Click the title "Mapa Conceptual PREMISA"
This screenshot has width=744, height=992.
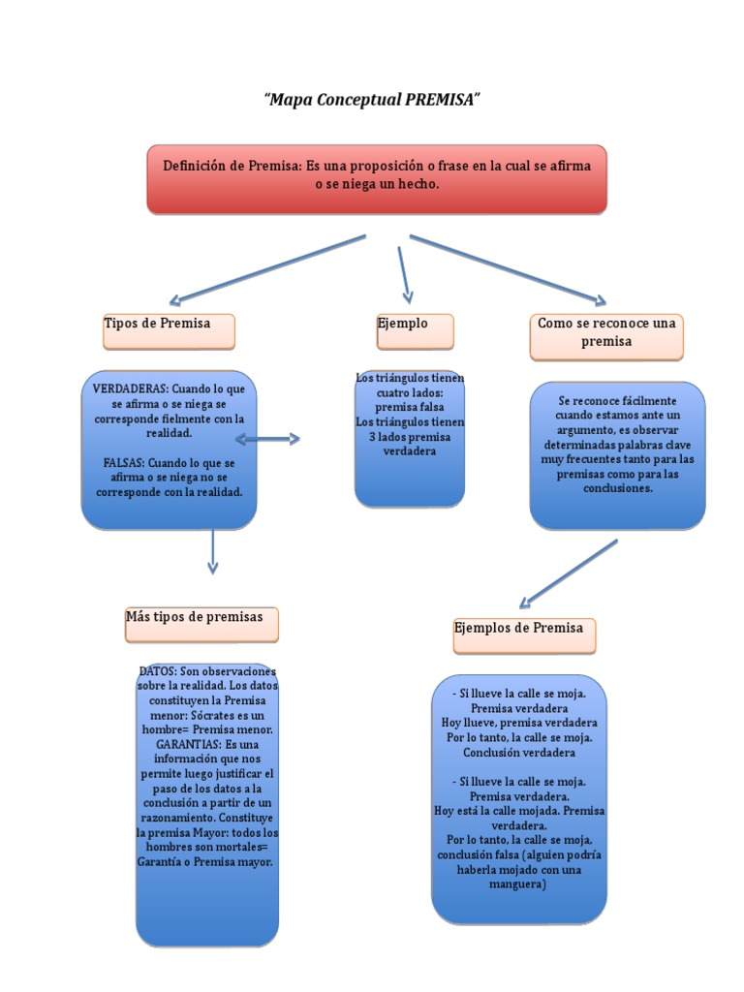point(372,100)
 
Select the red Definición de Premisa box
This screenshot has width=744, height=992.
point(377,179)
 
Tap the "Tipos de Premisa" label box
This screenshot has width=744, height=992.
point(169,330)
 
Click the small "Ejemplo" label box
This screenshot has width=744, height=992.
point(415,330)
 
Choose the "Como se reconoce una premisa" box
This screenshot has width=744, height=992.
point(606,335)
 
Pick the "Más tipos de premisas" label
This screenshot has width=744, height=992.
point(201,624)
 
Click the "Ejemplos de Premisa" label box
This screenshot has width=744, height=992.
point(524,635)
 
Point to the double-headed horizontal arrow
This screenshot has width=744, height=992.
point(267,440)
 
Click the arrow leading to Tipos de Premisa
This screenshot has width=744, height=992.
point(266,269)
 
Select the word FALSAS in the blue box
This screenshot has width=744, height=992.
point(124,462)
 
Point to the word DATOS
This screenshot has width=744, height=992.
point(158,671)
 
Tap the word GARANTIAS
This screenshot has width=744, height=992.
point(188,744)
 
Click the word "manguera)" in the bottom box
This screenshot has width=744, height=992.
point(518,883)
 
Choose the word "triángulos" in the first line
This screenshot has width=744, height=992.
point(401,377)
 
